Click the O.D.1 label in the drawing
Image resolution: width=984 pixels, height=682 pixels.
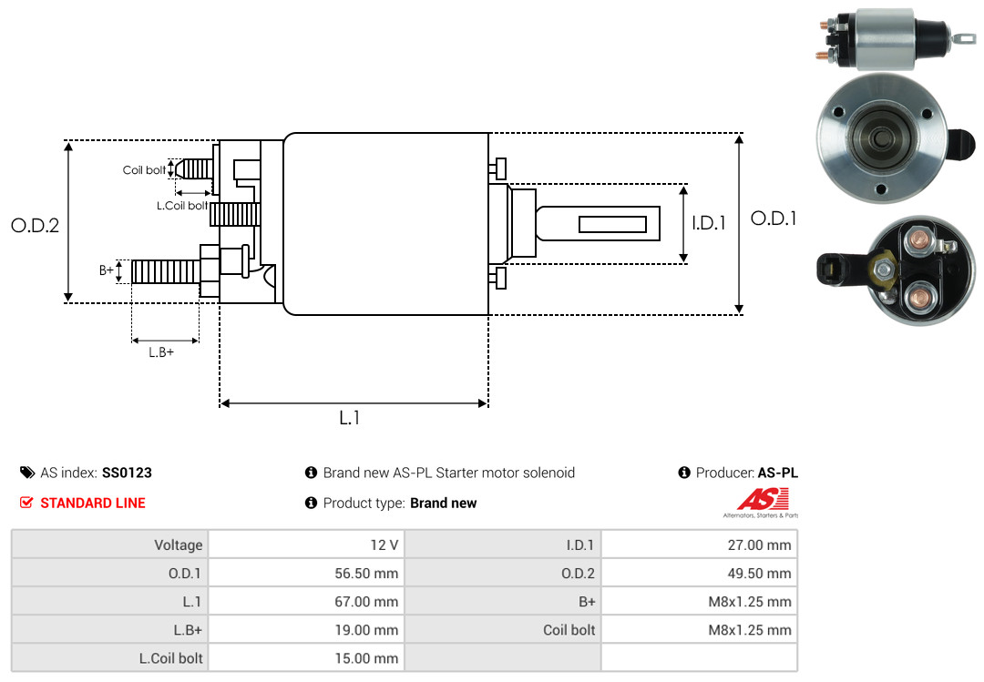tap(774, 219)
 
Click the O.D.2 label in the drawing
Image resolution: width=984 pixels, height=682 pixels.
tap(35, 225)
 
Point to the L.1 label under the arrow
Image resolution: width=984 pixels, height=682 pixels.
tap(350, 418)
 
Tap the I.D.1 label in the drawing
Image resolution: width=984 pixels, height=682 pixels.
tap(709, 222)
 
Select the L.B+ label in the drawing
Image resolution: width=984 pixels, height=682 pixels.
tap(161, 352)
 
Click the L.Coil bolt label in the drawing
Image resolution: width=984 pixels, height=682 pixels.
tap(182, 206)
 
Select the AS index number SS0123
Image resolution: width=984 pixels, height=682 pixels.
tap(127, 473)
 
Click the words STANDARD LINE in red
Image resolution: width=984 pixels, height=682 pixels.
tap(92, 503)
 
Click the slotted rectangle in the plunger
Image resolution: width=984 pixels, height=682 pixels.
tap(613, 224)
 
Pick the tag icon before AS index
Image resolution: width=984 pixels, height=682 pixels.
tap(27, 473)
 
